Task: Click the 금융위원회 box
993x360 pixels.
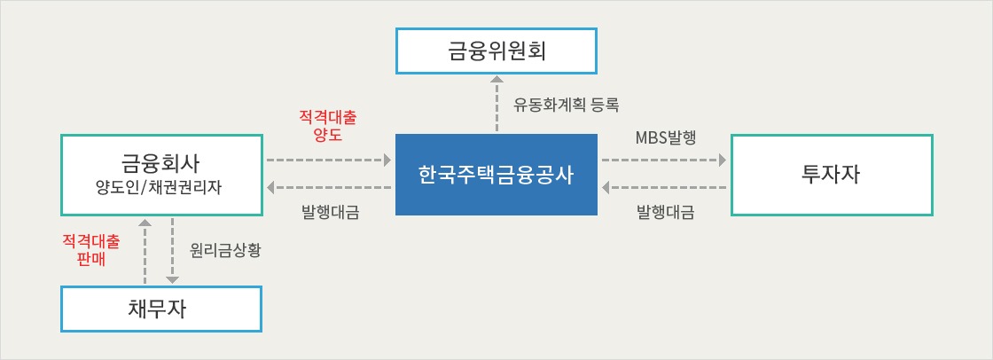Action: (x=496, y=51)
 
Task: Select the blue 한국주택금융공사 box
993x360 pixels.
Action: (x=496, y=175)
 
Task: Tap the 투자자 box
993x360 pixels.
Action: (x=832, y=175)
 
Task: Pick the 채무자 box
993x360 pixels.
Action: (x=160, y=309)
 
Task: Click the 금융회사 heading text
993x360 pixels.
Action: (x=160, y=163)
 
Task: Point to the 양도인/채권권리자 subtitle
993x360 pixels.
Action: (x=160, y=188)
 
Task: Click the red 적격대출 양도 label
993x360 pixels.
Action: (x=328, y=126)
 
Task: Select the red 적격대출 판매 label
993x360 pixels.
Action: (x=91, y=250)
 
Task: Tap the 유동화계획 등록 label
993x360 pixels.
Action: (x=566, y=104)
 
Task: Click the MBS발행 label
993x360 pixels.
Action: (x=666, y=138)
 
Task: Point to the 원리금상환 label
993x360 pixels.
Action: (x=225, y=250)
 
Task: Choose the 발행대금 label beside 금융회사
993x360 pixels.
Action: (x=331, y=212)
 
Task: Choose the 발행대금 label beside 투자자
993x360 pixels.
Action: (x=665, y=212)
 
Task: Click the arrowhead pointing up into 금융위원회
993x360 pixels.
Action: (x=496, y=79)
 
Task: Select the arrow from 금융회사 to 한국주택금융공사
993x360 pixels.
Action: (x=329, y=160)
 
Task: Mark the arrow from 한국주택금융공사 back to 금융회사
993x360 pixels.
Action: (x=329, y=188)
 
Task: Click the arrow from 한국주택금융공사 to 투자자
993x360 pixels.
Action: (x=664, y=160)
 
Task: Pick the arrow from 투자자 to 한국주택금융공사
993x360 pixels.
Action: (x=664, y=188)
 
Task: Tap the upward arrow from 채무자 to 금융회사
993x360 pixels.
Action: (x=145, y=251)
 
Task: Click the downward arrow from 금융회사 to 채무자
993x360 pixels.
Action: (x=172, y=251)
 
